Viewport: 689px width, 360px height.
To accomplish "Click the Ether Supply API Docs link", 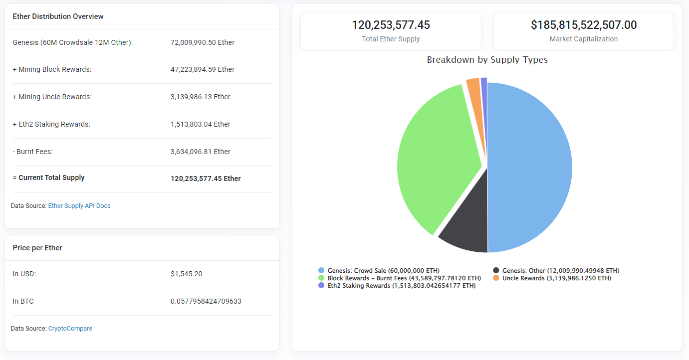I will click(x=79, y=206).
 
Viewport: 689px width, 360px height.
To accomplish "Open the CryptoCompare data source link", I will click(x=70, y=329).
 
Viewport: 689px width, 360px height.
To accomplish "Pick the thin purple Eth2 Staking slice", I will click(x=484, y=85).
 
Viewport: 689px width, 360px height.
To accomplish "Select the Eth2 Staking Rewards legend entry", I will click(x=397, y=286).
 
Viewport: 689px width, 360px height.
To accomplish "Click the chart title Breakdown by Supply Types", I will click(x=487, y=60).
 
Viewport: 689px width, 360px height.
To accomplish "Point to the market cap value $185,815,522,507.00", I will click(x=583, y=25).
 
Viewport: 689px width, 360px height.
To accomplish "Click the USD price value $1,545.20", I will click(x=186, y=274).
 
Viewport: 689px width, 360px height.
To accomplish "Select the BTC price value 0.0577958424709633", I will click(x=206, y=301).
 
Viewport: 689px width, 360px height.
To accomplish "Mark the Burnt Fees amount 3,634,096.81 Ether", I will click(x=201, y=152).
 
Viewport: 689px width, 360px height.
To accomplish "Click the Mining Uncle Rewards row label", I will click(x=52, y=97).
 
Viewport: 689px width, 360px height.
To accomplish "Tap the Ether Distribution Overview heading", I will click(x=58, y=16).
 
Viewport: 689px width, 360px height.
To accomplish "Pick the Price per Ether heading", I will click(x=37, y=248).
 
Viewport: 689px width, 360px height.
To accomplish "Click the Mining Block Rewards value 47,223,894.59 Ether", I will click(x=203, y=69).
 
